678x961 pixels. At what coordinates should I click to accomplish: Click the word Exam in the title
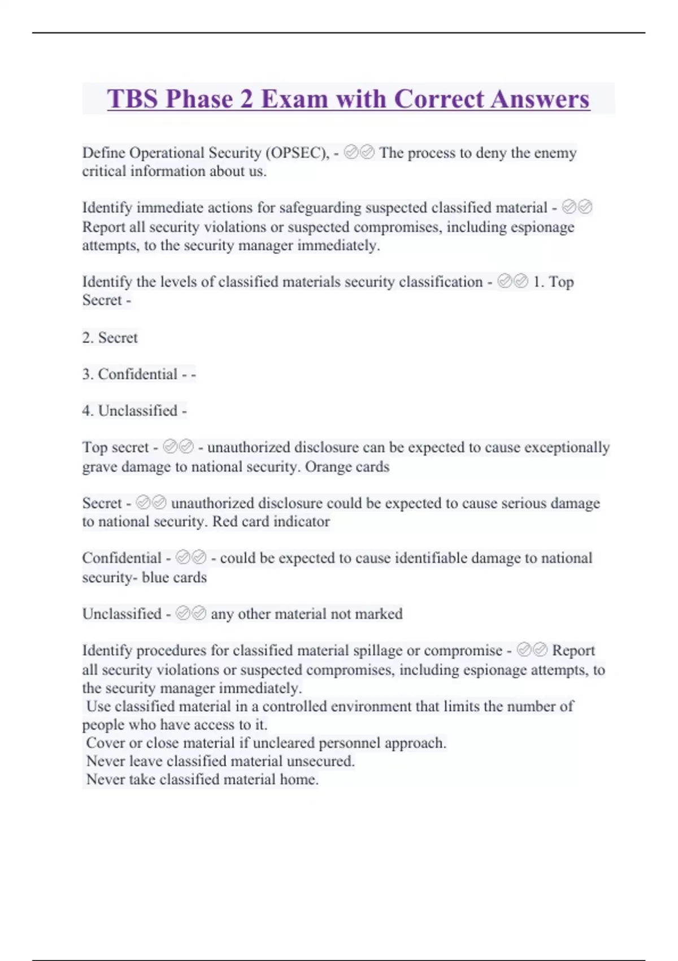tap(294, 99)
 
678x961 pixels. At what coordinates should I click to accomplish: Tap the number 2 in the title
tap(246, 99)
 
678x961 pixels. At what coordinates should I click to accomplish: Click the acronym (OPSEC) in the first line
tap(297, 153)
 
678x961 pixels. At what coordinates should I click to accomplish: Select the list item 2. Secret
tap(110, 337)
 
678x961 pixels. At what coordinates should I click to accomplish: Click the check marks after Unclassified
tap(191, 613)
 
